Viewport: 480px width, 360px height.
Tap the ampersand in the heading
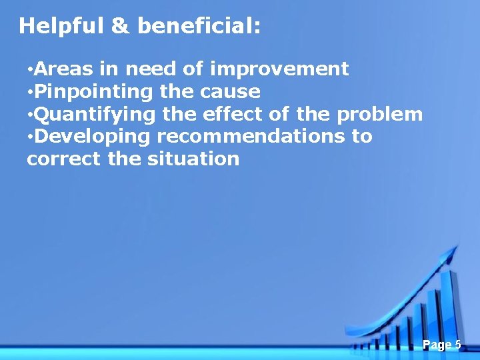point(120,26)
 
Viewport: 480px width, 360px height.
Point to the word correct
point(61,159)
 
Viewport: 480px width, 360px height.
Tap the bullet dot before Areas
point(30,69)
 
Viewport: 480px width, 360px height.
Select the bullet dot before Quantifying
point(30,115)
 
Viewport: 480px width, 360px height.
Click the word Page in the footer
point(437,345)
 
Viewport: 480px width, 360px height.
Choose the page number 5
point(458,345)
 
